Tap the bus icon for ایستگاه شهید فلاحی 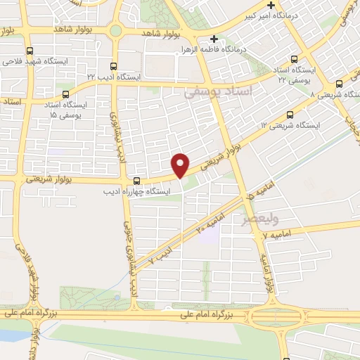[x=30, y=51]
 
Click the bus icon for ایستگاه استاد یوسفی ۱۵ [x=65, y=94]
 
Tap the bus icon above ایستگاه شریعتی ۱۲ [x=290, y=115]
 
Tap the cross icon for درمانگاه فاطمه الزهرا [x=214, y=39]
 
